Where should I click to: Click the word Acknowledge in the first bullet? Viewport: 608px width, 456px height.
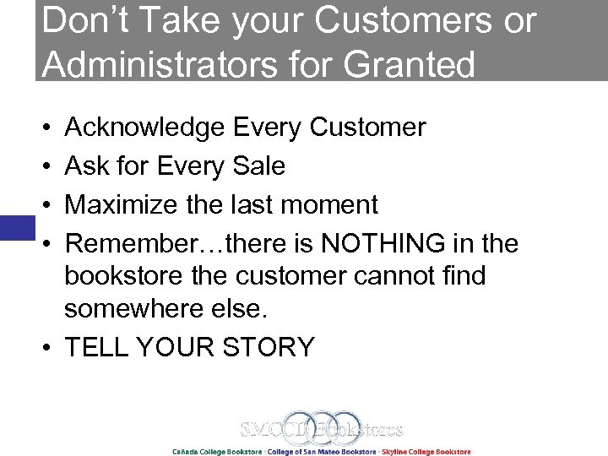pyautogui.click(x=144, y=128)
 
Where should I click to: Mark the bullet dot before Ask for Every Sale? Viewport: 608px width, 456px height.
pyautogui.click(x=46, y=167)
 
